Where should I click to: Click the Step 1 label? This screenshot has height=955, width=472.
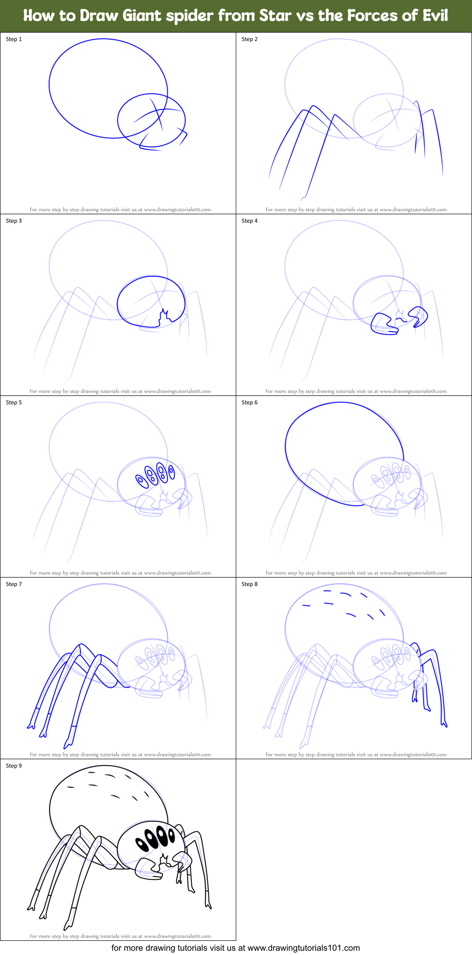tap(14, 39)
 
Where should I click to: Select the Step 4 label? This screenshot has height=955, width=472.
tap(249, 221)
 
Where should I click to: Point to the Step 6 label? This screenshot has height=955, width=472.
tap(249, 402)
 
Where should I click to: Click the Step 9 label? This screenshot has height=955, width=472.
tap(14, 766)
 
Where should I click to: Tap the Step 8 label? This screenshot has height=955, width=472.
tap(249, 584)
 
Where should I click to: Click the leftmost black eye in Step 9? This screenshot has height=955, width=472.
tap(141, 844)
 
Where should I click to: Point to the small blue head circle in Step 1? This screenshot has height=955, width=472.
tap(151, 120)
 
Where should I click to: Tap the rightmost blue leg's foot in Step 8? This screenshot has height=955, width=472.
tap(445, 724)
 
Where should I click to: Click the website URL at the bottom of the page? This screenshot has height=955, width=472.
tap(303, 948)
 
